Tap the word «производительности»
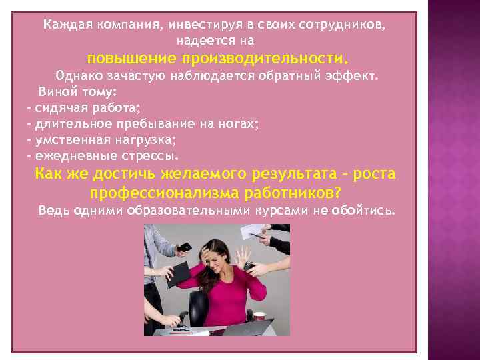coord(263,57)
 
